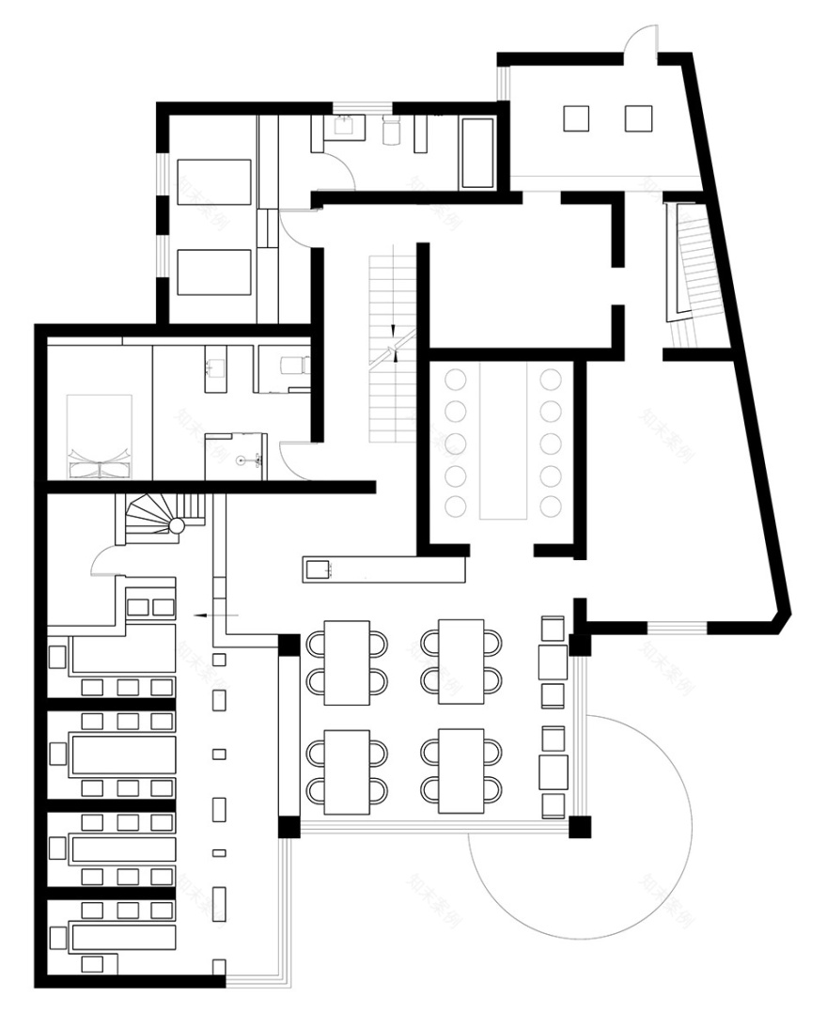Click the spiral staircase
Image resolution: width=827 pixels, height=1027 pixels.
(159, 520)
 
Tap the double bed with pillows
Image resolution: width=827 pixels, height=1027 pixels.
(100, 436)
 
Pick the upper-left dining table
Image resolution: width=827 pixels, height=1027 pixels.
(347, 662)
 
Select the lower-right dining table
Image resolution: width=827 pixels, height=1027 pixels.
(461, 771)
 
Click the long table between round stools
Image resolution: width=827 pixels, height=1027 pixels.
(505, 443)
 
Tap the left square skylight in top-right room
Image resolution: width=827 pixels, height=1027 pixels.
(576, 118)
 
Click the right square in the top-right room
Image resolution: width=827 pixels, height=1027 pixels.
(639, 118)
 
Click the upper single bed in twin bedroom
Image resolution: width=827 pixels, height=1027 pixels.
(214, 182)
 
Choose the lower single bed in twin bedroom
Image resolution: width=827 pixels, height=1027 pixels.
(214, 272)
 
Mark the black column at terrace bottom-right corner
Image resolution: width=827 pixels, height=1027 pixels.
(581, 828)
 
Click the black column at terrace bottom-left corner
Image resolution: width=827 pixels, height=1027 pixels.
(289, 828)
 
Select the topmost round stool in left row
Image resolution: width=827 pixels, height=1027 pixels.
(456, 380)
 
